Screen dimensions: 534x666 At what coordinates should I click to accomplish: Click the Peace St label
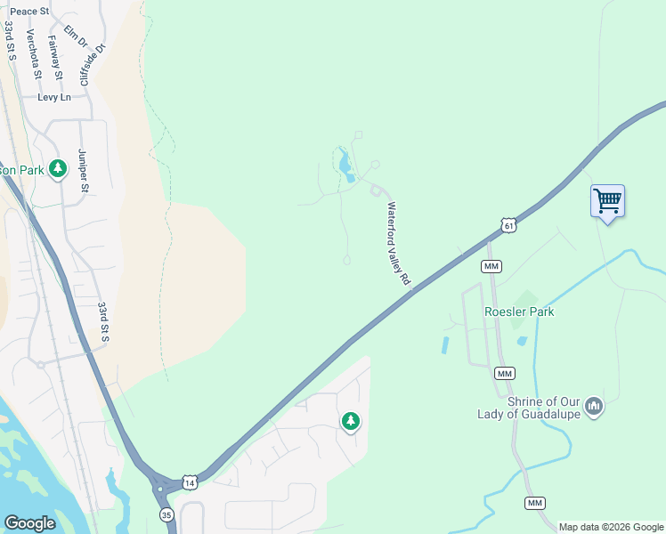(30, 12)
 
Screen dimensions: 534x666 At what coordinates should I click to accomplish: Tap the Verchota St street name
(33, 53)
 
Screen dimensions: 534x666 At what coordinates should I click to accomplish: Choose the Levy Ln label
(53, 97)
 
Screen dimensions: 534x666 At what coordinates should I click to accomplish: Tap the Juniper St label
(84, 170)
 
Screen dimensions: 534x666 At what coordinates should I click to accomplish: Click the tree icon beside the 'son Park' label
(58, 168)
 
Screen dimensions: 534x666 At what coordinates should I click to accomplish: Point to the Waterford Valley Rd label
(398, 243)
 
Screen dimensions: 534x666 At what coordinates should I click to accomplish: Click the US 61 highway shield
(508, 226)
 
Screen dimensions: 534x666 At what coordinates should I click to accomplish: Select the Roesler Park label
(519, 311)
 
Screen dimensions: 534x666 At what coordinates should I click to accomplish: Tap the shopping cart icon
(607, 201)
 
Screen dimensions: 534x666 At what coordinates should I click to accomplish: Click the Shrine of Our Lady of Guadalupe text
(530, 408)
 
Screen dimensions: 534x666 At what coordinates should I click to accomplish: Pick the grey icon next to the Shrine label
(594, 408)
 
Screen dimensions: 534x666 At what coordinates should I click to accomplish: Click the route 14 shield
(190, 482)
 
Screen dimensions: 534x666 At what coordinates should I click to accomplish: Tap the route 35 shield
(166, 514)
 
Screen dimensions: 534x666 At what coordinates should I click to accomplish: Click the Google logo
(29, 523)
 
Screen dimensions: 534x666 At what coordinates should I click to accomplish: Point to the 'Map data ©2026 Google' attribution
(610, 527)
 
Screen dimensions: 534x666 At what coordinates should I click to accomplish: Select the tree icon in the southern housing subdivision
(351, 421)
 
